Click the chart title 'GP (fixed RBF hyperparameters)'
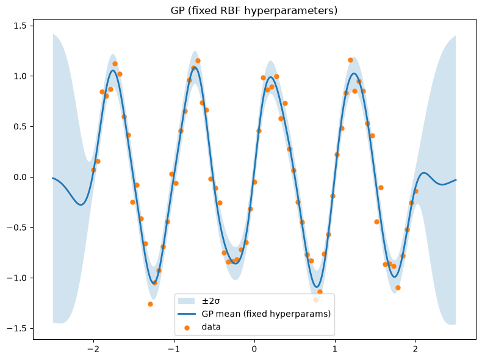point(254,10)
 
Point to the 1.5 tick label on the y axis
point(20,26)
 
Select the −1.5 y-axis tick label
point(17,329)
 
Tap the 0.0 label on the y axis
point(20,177)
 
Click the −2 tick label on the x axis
point(93,349)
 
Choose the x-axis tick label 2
point(415,349)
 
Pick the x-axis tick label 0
point(254,349)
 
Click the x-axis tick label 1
point(335,349)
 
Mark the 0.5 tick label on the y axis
point(20,127)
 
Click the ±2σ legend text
point(210,301)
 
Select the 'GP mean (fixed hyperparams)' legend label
point(266,314)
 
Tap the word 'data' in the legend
point(211,326)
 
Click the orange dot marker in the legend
point(187,328)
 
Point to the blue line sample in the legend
point(187,314)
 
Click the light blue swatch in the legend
point(187,301)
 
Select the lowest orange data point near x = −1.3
point(150,304)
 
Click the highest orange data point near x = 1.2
point(350,60)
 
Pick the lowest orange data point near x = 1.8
point(398,288)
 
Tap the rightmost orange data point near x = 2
point(416,191)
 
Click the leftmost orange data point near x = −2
point(94,170)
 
